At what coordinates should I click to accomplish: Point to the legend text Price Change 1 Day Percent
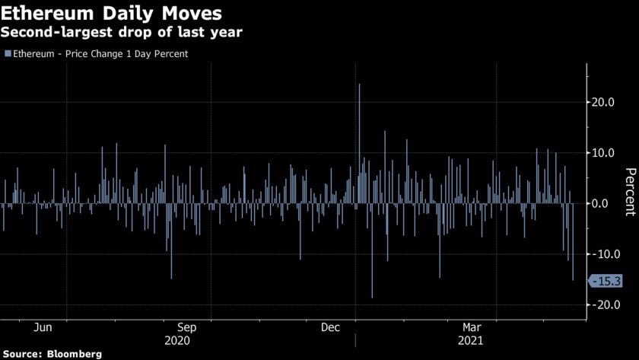(x=126, y=54)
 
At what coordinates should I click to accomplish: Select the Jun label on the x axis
(x=43, y=327)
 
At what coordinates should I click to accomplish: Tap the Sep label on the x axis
(x=188, y=327)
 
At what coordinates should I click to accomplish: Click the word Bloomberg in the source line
(x=75, y=354)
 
